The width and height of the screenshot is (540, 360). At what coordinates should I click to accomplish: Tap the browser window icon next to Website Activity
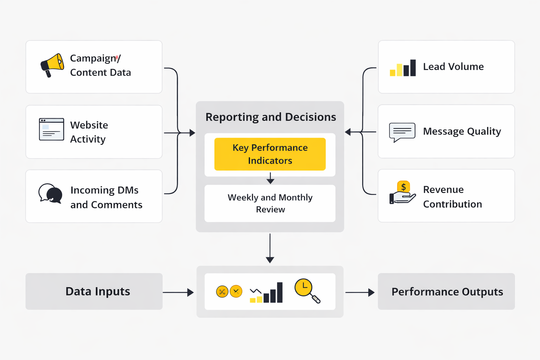[x=51, y=129]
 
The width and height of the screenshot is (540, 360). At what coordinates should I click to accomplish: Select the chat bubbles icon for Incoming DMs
[x=50, y=193]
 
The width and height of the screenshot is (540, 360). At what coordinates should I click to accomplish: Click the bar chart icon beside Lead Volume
[x=403, y=68]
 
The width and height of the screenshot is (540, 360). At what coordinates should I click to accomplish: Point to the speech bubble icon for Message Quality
[x=402, y=132]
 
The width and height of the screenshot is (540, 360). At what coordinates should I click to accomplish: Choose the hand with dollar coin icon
[x=402, y=193]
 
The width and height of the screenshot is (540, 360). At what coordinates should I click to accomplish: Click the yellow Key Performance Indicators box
[x=270, y=154]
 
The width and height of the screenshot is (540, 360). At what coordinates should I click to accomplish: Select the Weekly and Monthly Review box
[x=270, y=203]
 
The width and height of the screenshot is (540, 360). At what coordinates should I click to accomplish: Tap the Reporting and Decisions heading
[x=270, y=117]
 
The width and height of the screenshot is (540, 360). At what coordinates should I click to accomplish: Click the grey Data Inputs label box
[x=94, y=291]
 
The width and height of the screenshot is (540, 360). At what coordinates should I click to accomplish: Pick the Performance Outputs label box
[x=446, y=291]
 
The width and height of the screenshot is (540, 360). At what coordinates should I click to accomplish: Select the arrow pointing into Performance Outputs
[x=360, y=292]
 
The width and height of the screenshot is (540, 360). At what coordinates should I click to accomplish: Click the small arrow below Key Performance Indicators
[x=270, y=178]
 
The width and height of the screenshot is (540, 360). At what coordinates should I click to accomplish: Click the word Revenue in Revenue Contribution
[x=443, y=189]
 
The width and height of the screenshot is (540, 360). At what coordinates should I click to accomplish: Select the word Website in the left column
[x=89, y=125]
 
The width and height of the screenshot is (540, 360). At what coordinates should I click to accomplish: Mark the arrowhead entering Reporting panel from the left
[x=192, y=133]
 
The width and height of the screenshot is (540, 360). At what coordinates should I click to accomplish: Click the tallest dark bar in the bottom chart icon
[x=279, y=292]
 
